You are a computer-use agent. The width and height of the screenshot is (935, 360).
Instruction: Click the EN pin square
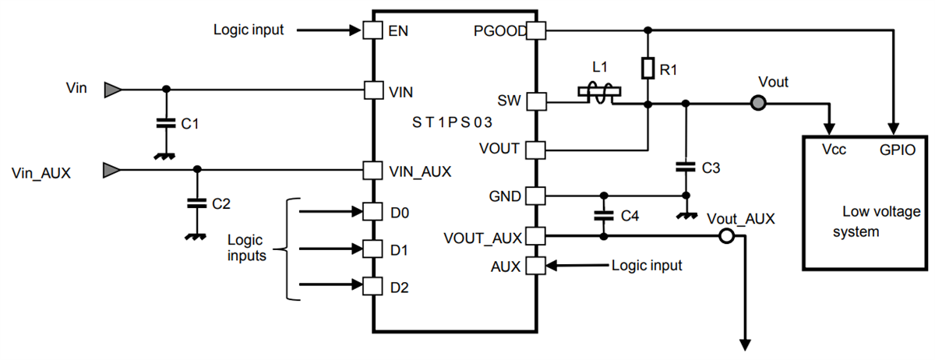pos(373,31)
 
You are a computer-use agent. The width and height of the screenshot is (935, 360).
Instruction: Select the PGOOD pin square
pos(537,31)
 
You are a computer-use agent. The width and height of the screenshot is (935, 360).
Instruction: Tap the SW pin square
pos(537,101)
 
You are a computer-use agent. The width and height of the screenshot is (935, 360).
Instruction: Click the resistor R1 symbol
pos(647,69)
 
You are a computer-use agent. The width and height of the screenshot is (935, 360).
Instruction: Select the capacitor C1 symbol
pos(164,122)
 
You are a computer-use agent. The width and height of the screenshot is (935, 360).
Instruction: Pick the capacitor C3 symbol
pos(685,166)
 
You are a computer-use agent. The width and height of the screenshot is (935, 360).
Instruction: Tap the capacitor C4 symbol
pos(602,214)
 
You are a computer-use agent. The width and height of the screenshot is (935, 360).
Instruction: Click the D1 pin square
pos(373,249)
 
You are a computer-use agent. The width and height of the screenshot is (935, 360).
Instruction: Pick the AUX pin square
pos(537,266)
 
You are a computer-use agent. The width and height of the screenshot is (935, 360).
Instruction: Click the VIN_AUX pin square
pos(373,170)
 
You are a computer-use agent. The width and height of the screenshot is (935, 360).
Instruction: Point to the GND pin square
pos(537,195)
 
